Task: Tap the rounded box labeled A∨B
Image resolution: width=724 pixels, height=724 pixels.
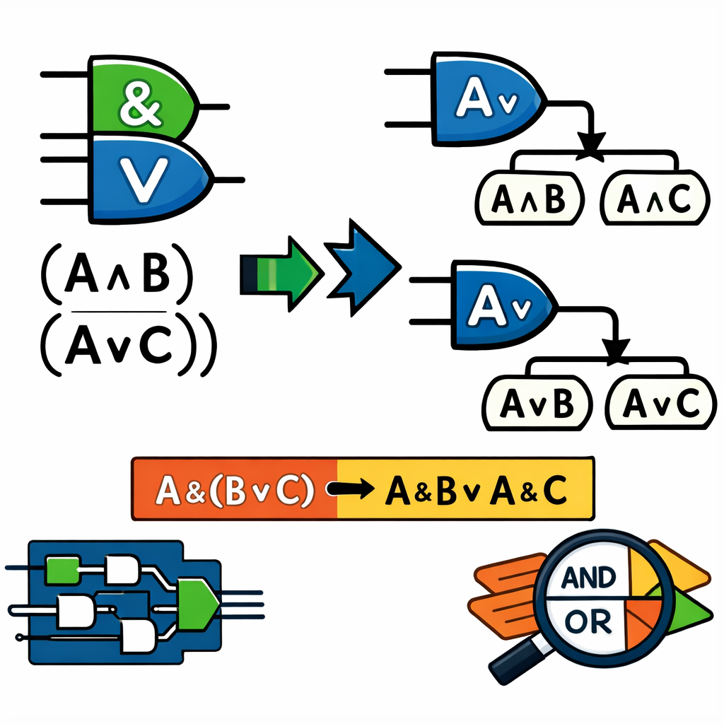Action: pos(536,404)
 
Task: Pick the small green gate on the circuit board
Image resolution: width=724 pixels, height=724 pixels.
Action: pos(59,569)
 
